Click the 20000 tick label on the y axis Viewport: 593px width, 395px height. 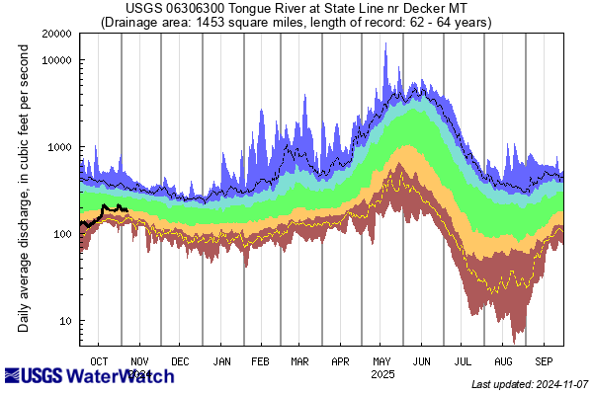(56, 33)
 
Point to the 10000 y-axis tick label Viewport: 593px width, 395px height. (56, 59)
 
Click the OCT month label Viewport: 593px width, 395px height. (100, 361)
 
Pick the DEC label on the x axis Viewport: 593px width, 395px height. (181, 361)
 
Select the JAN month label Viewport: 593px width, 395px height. (222, 361)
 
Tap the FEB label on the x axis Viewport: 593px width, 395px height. (262, 361)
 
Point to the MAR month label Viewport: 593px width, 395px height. (300, 361)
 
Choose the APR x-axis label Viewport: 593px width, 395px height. (341, 361)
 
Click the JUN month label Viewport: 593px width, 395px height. (422, 361)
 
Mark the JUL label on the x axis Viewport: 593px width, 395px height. (463, 361)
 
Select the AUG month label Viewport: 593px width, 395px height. (503, 361)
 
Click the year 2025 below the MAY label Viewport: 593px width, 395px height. (381, 375)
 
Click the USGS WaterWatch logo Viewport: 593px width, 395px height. (75, 376)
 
